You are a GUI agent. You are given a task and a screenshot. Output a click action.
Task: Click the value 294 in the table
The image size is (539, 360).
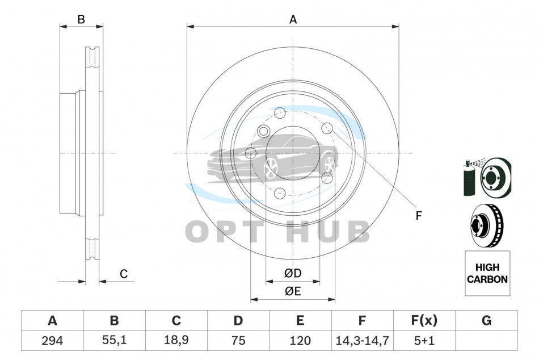pyautogui.click(x=52, y=341)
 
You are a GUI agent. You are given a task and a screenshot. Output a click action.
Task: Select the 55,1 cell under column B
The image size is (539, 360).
pyautogui.click(x=114, y=340)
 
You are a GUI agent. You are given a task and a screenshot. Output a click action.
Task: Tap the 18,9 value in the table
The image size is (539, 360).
pyautogui.click(x=176, y=340)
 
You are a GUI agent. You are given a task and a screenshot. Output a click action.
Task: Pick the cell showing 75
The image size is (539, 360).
pyautogui.click(x=238, y=341)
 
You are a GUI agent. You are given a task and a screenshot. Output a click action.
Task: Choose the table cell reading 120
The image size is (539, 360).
pyautogui.click(x=300, y=341)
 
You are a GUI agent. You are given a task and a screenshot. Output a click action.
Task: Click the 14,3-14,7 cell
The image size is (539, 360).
pyautogui.click(x=362, y=341)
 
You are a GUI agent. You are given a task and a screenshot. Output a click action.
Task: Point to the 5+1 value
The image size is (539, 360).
pyautogui.click(x=424, y=341)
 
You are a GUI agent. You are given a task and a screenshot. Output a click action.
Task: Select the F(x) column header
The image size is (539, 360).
pyautogui.click(x=424, y=320)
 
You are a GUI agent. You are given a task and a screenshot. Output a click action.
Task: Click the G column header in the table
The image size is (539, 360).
pyautogui.click(x=486, y=320)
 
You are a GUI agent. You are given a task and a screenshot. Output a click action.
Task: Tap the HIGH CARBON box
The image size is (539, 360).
pyautogui.click(x=487, y=273)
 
